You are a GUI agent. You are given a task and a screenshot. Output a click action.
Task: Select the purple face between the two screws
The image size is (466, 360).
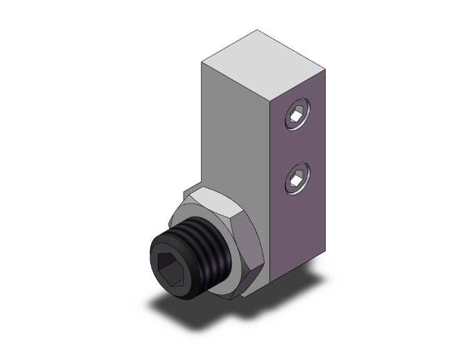tap(298, 148)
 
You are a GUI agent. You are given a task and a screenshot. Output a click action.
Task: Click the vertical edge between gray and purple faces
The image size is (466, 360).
tap(271, 188)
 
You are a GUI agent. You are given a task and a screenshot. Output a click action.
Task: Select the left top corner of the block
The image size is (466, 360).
tap(202, 62)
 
